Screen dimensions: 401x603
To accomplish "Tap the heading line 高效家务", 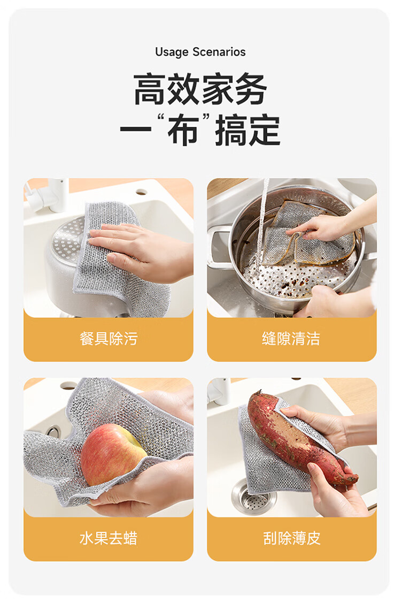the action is point(200,89).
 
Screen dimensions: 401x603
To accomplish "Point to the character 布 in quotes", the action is point(183,131).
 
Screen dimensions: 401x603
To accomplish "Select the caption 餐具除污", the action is point(109,339).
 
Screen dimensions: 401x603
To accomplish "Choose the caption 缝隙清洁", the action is point(291,339).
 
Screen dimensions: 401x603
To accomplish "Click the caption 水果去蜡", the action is point(109,538).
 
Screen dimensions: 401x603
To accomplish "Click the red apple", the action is point(112,454).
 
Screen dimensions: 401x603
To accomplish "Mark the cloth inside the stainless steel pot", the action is point(307,234).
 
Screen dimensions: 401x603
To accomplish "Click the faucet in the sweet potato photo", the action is point(220,391).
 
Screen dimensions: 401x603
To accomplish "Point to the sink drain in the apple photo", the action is point(53,431).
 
